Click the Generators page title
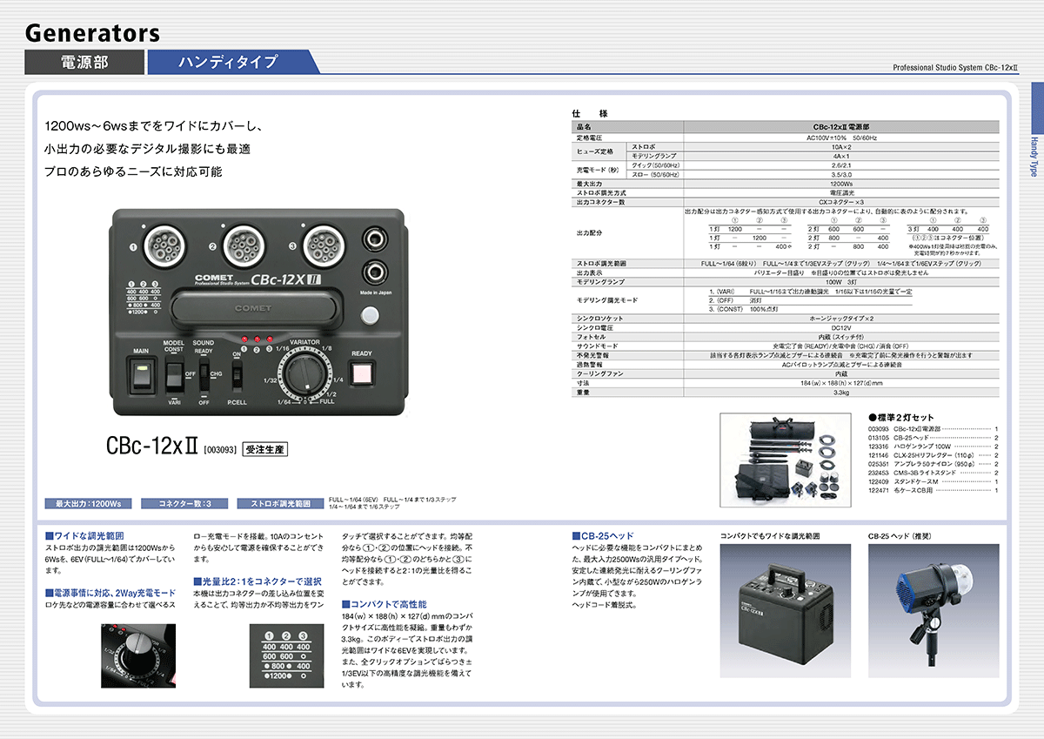92,33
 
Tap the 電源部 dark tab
84,62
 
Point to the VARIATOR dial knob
306,377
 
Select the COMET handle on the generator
252,308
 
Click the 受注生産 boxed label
264,450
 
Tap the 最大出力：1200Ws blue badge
88,503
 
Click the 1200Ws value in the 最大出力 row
840,184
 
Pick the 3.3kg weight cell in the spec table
840,392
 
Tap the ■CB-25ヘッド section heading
603,535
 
